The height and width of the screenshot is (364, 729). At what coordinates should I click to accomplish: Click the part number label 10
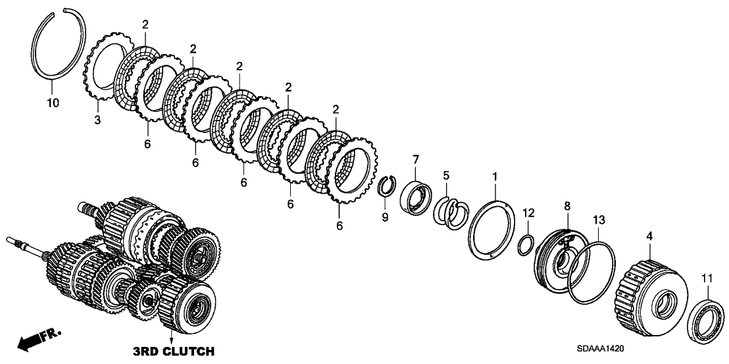pos(53,103)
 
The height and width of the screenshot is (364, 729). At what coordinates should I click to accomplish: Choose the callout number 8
pos(568,207)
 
